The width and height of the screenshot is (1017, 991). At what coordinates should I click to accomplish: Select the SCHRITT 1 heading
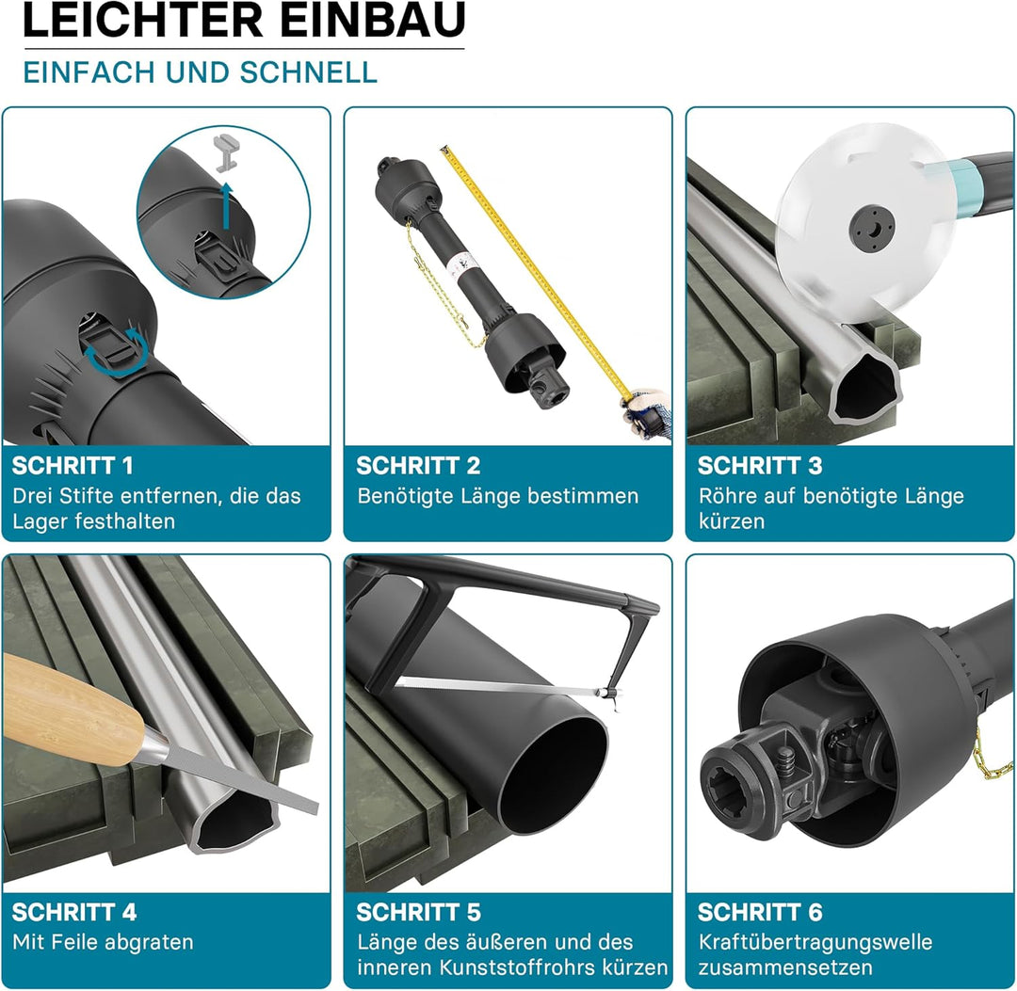point(73,465)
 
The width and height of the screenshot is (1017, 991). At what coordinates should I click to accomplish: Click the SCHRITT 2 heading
point(418,465)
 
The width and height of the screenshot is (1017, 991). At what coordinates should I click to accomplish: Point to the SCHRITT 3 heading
point(760,465)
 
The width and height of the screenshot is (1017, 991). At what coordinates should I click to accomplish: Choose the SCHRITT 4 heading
point(74,912)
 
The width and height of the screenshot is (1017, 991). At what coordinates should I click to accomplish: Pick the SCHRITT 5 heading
point(418,912)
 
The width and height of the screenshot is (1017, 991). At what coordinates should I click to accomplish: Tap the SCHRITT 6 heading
point(760,912)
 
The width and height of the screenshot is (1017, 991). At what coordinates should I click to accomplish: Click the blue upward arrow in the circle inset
point(226,206)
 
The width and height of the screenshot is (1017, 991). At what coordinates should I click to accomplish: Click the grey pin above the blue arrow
point(225,152)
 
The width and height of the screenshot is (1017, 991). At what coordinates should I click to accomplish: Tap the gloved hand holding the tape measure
point(649,411)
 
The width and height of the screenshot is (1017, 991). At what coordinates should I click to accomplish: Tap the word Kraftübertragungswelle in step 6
point(815,942)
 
